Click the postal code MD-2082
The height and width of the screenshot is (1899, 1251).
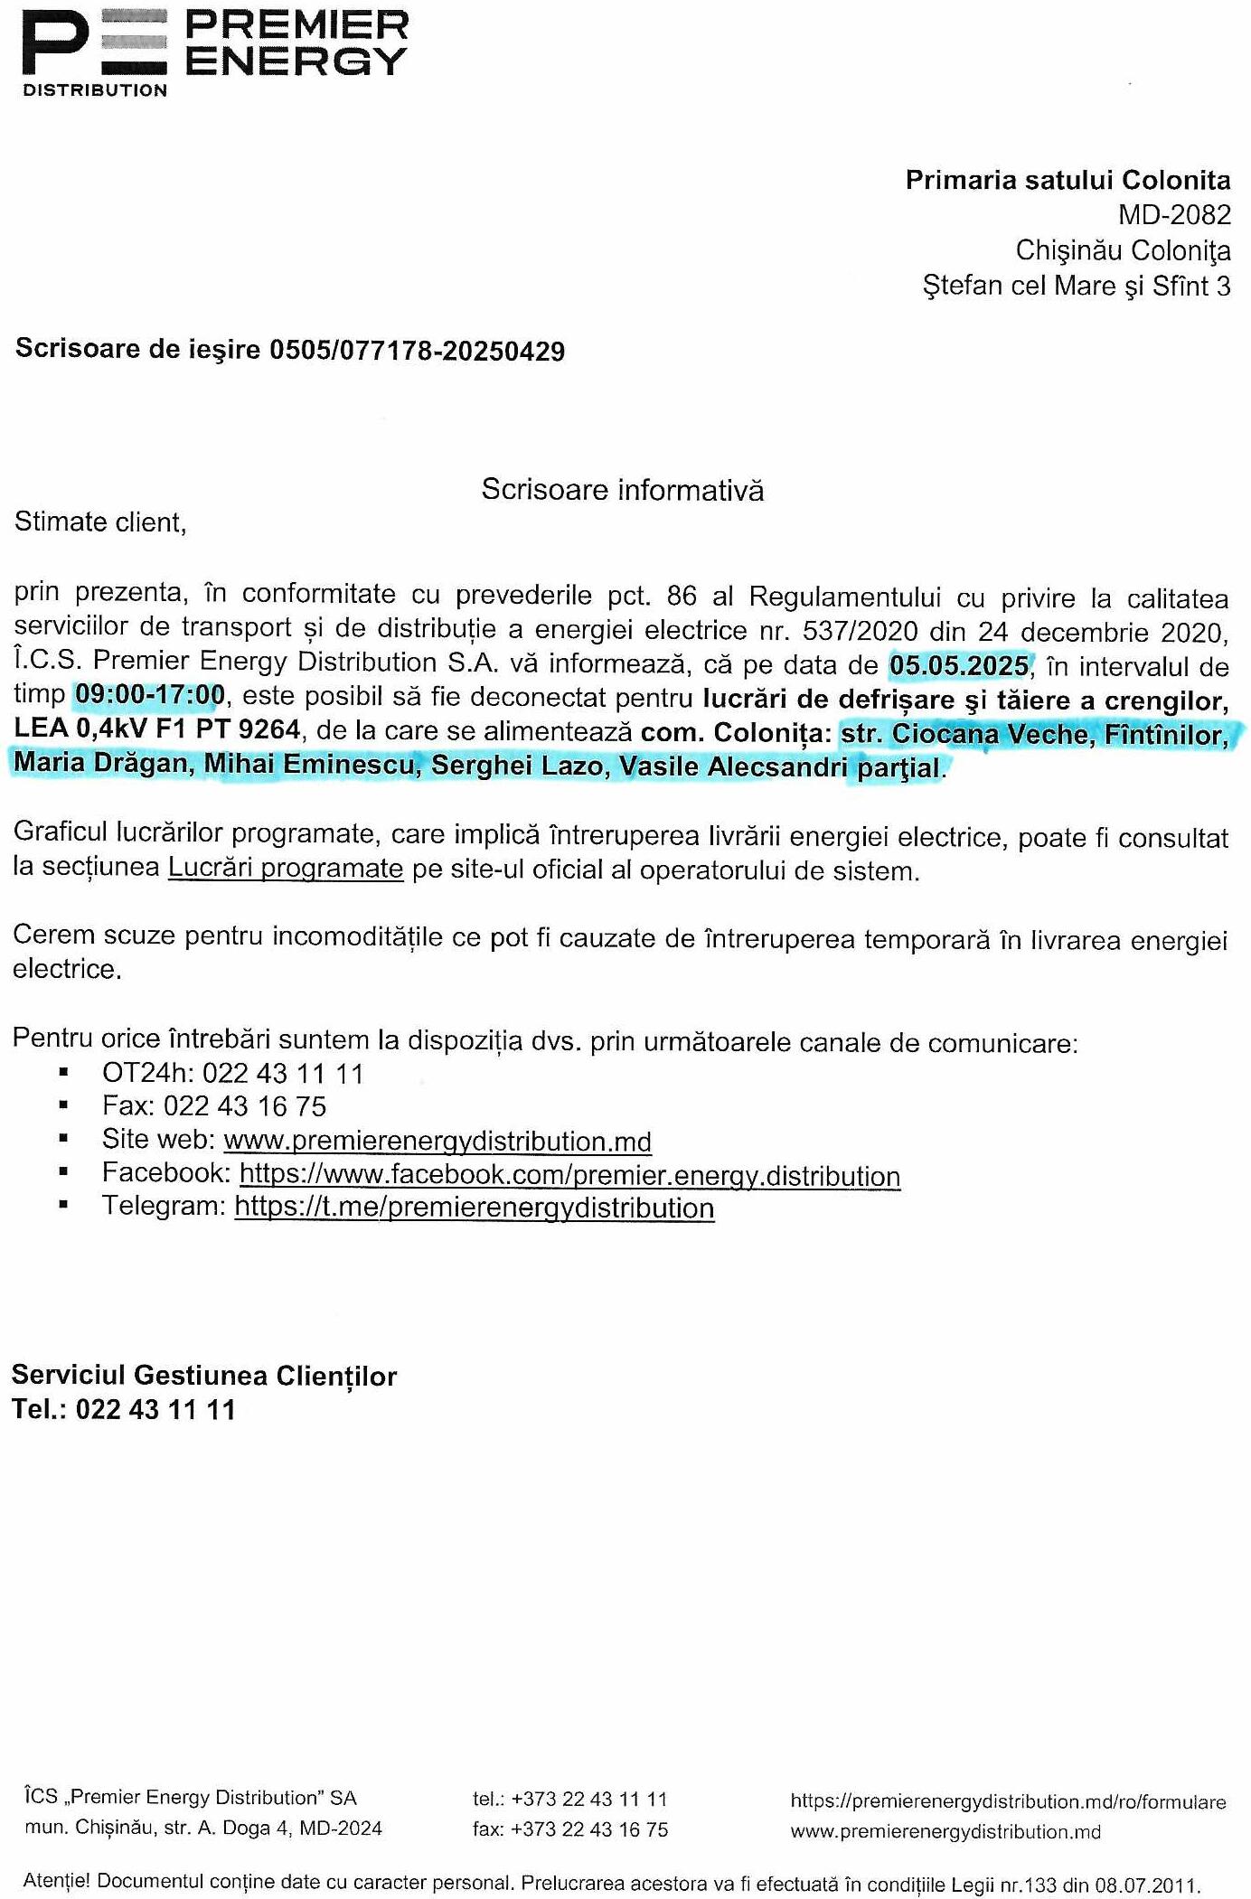point(1174,215)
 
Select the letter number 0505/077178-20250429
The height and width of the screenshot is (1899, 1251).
point(417,351)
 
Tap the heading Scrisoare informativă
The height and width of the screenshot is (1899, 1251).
point(622,490)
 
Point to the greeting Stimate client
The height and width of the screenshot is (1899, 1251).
point(100,522)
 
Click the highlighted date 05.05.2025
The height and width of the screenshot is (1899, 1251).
point(959,666)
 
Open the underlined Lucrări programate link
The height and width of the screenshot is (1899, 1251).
point(286,869)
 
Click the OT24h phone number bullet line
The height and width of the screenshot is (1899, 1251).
point(232,1074)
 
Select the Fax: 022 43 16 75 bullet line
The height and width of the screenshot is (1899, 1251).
point(214,1106)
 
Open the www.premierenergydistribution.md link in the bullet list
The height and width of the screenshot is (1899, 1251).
point(437,1142)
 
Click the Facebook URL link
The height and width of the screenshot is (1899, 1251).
point(569,1175)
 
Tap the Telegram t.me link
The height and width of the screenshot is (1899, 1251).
point(474,1208)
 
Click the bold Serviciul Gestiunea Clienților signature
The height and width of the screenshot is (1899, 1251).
point(204,1376)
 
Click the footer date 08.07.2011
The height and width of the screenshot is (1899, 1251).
point(1146,1885)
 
